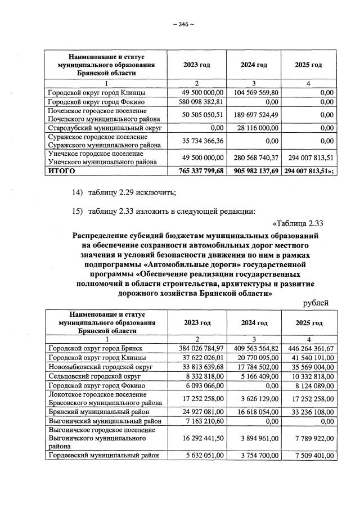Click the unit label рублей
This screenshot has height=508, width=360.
(316, 303)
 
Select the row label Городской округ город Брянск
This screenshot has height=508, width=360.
(94, 348)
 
